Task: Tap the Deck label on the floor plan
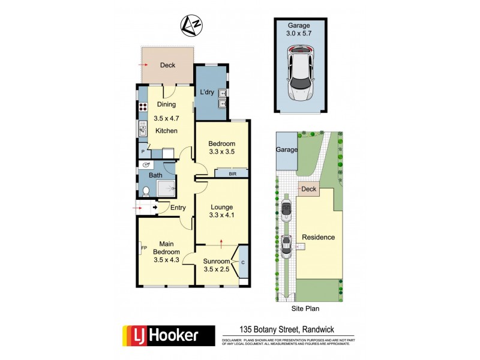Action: [168, 65]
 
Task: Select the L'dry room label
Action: [207, 92]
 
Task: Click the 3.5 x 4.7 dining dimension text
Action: [167, 118]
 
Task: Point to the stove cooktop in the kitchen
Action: [143, 109]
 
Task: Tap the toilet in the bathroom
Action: [146, 192]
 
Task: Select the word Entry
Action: [178, 208]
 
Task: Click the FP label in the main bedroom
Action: [143, 247]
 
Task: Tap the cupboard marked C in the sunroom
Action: [243, 262]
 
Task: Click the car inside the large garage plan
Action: [300, 75]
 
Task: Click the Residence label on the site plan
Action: [318, 237]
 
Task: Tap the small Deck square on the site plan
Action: [308, 189]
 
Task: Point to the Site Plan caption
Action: [305, 308]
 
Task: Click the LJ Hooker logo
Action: [169, 335]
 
